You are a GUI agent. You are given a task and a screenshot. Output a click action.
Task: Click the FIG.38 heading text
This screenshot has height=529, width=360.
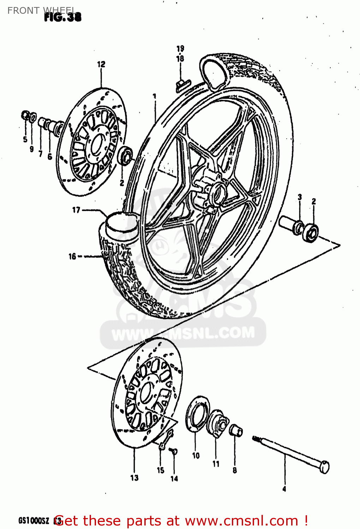pyautogui.click(x=63, y=17)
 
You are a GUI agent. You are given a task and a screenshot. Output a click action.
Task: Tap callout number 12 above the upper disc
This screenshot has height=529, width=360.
pyautogui.click(x=101, y=64)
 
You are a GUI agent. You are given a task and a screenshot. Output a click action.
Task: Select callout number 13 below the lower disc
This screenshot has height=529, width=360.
pyautogui.click(x=134, y=478)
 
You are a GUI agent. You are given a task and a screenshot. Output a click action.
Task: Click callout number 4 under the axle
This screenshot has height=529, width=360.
pyautogui.click(x=284, y=489)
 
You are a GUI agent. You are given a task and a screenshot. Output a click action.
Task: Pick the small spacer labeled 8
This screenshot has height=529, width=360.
pyautogui.click(x=236, y=431)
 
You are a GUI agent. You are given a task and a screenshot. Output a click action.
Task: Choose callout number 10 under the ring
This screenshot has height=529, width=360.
pyautogui.click(x=196, y=456)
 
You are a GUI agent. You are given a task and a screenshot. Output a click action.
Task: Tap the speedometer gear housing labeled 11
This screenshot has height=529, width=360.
pyautogui.click(x=217, y=423)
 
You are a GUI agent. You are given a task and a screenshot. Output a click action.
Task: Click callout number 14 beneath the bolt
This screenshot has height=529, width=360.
pyautogui.click(x=174, y=479)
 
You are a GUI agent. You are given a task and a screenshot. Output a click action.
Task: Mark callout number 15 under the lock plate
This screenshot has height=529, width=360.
pyautogui.click(x=161, y=470)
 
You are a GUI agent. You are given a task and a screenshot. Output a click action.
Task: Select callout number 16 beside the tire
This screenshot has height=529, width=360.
pyautogui.click(x=72, y=256)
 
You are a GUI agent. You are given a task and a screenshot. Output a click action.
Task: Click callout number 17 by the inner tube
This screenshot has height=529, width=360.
pyautogui.click(x=76, y=210)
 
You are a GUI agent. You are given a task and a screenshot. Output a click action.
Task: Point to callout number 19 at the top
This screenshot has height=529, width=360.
pyautogui.click(x=180, y=49)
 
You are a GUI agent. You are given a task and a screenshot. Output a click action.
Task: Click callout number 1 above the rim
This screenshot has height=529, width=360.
pyautogui.click(x=154, y=96)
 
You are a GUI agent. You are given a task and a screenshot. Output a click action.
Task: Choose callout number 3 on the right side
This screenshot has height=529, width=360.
pyautogui.click(x=300, y=197)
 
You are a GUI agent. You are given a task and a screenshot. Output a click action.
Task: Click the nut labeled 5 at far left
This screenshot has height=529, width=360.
pyautogui.click(x=25, y=115)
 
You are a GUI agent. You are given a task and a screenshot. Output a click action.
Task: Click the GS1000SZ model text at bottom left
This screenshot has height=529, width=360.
pyautogui.click(x=34, y=521)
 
